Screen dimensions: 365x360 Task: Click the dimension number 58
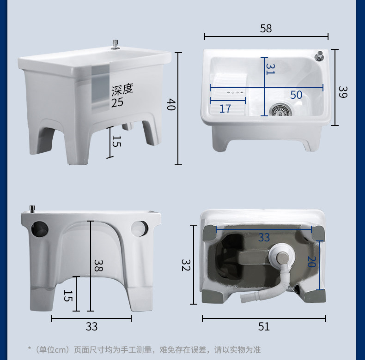point(266,28)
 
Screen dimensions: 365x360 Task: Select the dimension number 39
point(343,92)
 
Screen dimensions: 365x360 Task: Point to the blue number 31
point(270,69)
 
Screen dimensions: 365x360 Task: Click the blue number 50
point(296,95)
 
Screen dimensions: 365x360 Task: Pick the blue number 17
point(225,108)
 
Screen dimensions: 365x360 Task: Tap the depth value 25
point(117,102)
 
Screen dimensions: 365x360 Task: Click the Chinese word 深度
point(122,90)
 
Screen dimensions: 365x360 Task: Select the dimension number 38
point(98,265)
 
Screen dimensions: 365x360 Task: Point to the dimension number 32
point(186,265)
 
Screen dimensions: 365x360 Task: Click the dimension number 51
point(264,326)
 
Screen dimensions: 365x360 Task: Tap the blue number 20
point(311,262)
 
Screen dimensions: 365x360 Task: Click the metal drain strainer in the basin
point(281,110)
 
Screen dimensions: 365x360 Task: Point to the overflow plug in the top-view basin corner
point(319,56)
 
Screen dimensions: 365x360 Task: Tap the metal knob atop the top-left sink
point(115,45)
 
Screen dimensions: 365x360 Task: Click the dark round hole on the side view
point(40,229)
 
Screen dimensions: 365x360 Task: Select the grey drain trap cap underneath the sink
point(282,258)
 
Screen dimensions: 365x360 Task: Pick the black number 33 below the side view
point(91,326)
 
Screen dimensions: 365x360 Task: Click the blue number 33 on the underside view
point(264,237)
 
